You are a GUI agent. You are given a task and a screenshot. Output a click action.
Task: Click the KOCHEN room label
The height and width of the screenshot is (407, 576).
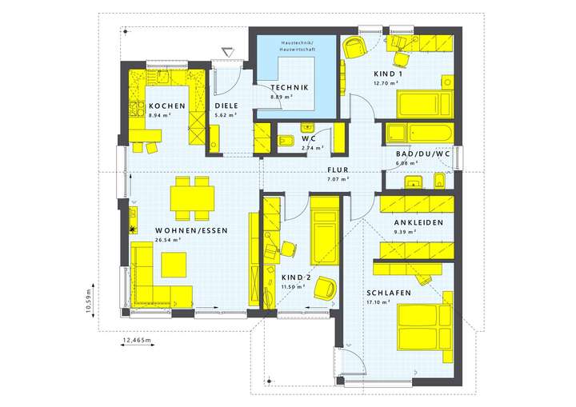166,106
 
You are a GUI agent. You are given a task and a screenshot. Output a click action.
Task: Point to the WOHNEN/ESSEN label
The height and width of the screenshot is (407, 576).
191,230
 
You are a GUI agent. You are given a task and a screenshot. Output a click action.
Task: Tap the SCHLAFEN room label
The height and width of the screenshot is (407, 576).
389,293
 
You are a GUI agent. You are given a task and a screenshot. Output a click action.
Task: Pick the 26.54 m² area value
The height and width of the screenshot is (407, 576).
168,239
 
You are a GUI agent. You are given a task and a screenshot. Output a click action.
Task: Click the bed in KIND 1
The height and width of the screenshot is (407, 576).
425,102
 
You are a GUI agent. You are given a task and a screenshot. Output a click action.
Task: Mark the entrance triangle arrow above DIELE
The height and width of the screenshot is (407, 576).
226,52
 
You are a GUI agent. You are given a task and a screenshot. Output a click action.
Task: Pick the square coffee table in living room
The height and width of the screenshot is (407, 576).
174,263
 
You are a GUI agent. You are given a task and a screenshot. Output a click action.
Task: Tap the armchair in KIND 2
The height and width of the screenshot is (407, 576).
324,287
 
